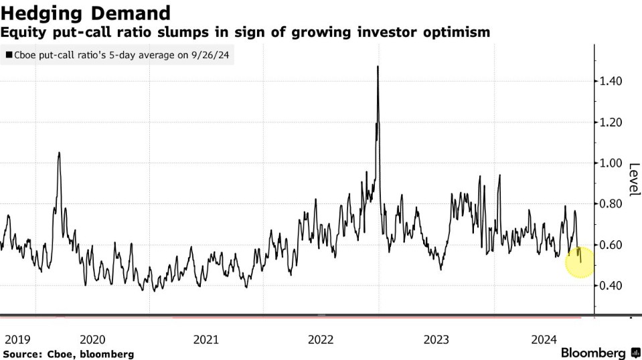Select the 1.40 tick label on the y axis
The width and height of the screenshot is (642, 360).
point(609,81)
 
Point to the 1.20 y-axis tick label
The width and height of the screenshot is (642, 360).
point(609,122)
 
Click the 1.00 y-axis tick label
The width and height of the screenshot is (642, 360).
point(609,163)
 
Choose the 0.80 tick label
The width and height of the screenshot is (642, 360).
point(609,203)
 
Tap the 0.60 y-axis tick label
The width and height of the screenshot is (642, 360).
point(609,244)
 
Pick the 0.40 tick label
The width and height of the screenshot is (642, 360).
point(609,286)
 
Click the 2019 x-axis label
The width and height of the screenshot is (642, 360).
point(17,339)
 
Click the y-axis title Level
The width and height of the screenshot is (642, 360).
point(633,176)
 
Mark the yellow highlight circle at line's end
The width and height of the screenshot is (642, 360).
point(580,262)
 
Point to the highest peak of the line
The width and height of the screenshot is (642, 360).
point(378,66)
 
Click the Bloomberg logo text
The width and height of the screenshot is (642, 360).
point(593,352)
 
